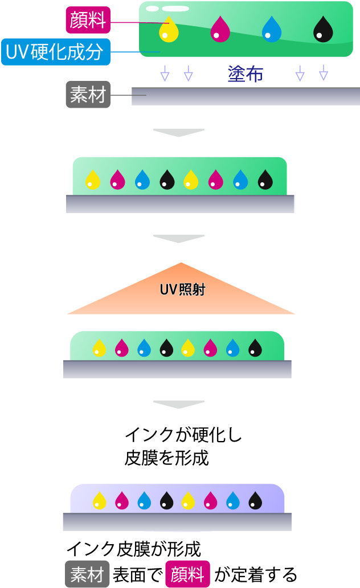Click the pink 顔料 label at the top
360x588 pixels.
[88, 21]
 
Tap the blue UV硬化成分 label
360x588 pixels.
[55, 52]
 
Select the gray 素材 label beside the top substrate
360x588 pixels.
[88, 95]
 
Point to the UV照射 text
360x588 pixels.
[182, 290]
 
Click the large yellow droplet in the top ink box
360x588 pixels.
[169, 30]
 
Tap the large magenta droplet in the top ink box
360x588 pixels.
[220, 30]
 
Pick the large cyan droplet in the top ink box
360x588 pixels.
[272, 30]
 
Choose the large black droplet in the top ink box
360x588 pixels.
[323, 30]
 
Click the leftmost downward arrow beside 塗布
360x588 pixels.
[165, 73]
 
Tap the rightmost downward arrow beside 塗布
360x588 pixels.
[324, 73]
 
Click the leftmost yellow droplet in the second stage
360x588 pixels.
[92, 179]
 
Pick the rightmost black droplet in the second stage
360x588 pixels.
[265, 179]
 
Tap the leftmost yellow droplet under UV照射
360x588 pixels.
[99, 348]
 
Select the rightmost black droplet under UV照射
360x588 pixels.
[255, 348]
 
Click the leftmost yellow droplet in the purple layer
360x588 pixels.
[99, 501]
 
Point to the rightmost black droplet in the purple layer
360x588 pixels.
[255, 501]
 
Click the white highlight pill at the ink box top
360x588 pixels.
[175, 9]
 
